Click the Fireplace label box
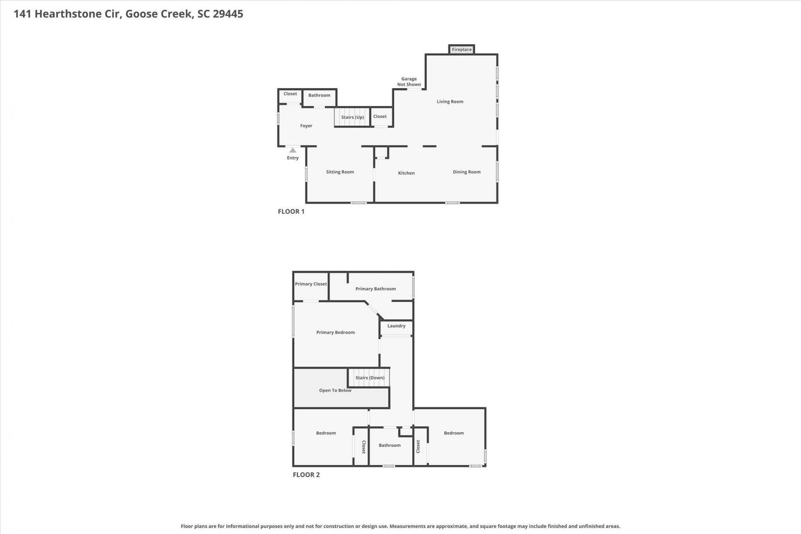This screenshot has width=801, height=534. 461,49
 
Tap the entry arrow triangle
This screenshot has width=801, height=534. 293,150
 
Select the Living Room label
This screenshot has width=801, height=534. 450,101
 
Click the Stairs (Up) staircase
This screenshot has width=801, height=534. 352,117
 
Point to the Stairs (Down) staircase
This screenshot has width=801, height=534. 369,378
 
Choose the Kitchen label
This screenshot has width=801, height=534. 406,173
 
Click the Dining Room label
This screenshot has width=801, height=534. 466,172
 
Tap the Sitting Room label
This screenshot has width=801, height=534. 340,172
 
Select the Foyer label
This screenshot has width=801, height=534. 306,126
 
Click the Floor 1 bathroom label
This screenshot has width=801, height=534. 319,95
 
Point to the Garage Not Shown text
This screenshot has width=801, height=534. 409,81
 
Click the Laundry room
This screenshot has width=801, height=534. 396,328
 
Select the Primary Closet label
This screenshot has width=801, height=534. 311,284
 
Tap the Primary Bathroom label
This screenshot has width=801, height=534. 375,289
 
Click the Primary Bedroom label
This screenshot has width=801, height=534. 335,332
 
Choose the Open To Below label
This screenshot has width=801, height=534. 335,390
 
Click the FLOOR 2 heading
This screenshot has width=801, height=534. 306,474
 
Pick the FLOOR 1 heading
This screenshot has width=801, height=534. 291,212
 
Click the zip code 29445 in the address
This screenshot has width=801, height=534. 228,14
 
